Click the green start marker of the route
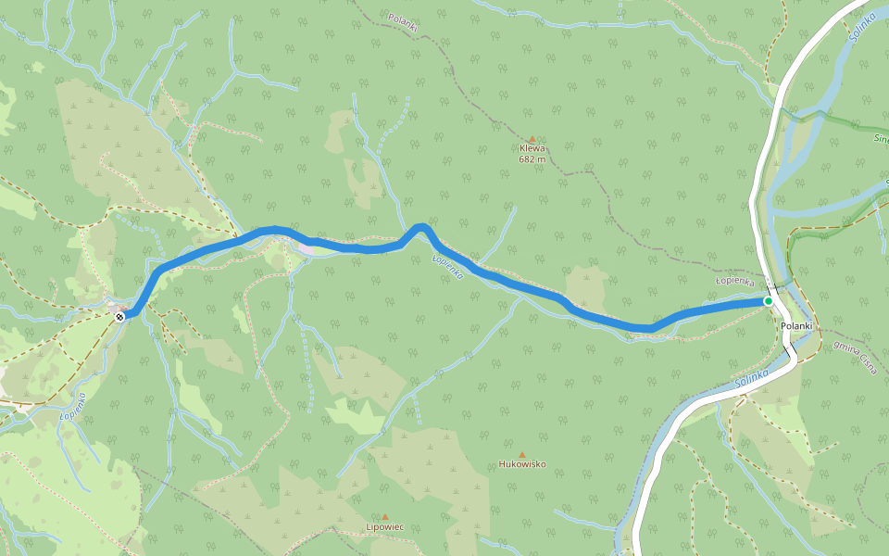coord(769,301)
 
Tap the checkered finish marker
coord(119,318)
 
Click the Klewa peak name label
coord(532,148)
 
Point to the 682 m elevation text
coord(532,159)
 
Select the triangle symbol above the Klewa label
coord(532,138)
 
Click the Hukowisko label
coord(522,464)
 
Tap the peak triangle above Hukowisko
coord(522,454)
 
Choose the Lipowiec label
coord(385,527)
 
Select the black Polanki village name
coord(796,325)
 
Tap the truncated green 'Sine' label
coord(880,139)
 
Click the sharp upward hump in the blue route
coord(421,226)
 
